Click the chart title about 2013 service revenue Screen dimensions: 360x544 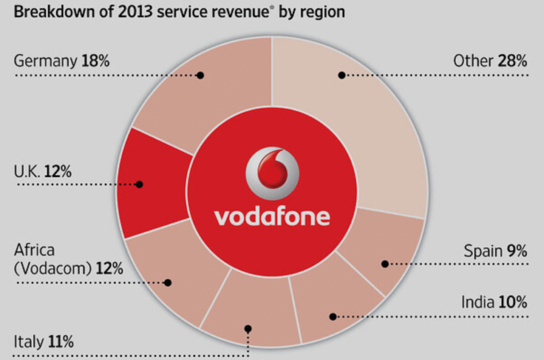179,12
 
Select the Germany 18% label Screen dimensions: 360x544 62,61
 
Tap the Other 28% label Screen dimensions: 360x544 490,61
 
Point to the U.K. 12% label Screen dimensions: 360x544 43,172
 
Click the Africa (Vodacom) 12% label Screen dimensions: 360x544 68,259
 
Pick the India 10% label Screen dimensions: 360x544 494,303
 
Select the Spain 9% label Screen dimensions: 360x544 495,250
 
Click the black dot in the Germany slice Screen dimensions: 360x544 200,75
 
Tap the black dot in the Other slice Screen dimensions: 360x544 342,75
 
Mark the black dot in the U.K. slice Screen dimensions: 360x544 139,184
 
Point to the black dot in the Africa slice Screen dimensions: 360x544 168,282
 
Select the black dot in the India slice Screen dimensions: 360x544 333,316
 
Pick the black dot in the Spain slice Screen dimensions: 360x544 385,263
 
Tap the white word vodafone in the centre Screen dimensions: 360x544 272,217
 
